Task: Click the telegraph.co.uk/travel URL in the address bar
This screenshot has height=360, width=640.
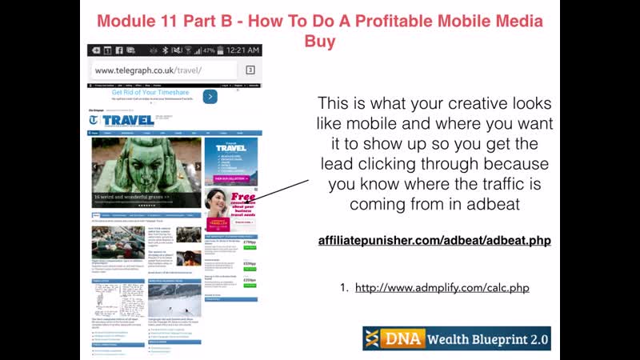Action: [148, 70]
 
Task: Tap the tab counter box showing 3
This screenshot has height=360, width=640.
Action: [250, 70]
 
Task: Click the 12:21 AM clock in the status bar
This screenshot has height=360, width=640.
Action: [242, 50]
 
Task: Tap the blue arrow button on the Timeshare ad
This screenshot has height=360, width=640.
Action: [210, 96]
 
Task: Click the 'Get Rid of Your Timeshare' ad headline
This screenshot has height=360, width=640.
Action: [151, 92]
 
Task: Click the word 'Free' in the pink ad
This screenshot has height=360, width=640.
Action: [243, 196]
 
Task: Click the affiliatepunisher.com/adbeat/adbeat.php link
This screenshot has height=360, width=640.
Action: [434, 240]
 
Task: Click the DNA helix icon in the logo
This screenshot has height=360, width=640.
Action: [373, 339]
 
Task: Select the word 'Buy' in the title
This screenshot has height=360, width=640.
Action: [319, 41]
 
